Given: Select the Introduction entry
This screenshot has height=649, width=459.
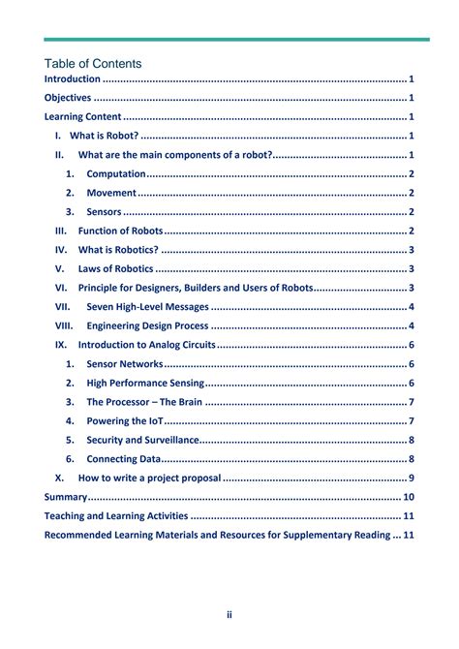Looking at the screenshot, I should (73, 79).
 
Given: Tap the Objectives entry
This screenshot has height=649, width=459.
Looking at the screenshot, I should (68, 98).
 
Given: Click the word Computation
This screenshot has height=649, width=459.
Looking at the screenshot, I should (116, 173).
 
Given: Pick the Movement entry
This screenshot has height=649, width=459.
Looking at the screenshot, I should (111, 193).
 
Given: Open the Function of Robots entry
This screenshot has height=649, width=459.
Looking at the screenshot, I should (121, 231).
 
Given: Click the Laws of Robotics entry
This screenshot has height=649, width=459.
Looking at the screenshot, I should (115, 268).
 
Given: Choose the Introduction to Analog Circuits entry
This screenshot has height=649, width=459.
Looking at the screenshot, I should (146, 345).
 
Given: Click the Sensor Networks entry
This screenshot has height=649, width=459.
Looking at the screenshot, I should (125, 364).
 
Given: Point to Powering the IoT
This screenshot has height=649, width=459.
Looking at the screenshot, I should (125, 420).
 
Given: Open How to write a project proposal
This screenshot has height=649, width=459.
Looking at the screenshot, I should (150, 478).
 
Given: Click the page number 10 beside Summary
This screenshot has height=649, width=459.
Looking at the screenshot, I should (408, 497).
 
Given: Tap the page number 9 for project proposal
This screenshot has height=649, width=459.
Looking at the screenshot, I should (412, 478).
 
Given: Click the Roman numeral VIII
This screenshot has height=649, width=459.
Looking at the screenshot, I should (64, 325).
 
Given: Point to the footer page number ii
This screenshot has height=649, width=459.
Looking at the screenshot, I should (229, 614).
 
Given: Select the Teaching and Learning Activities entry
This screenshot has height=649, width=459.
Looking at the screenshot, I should (116, 515).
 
